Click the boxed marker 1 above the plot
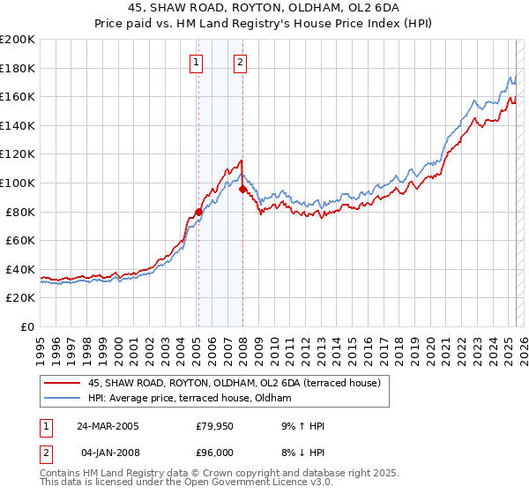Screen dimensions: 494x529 (x=195, y=62)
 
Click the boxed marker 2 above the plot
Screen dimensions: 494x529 (x=240, y=62)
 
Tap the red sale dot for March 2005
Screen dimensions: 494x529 (x=198, y=212)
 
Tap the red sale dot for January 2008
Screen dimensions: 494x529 (x=242, y=188)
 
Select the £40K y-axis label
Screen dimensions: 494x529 (x=21, y=269)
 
